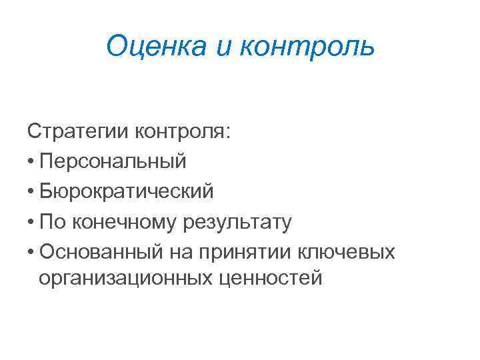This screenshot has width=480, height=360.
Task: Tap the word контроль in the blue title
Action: pos(310,47)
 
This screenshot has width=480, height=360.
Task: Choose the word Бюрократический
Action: pos(127,192)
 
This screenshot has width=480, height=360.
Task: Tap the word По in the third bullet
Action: pos(51,223)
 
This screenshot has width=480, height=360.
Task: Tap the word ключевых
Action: pos(347,253)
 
